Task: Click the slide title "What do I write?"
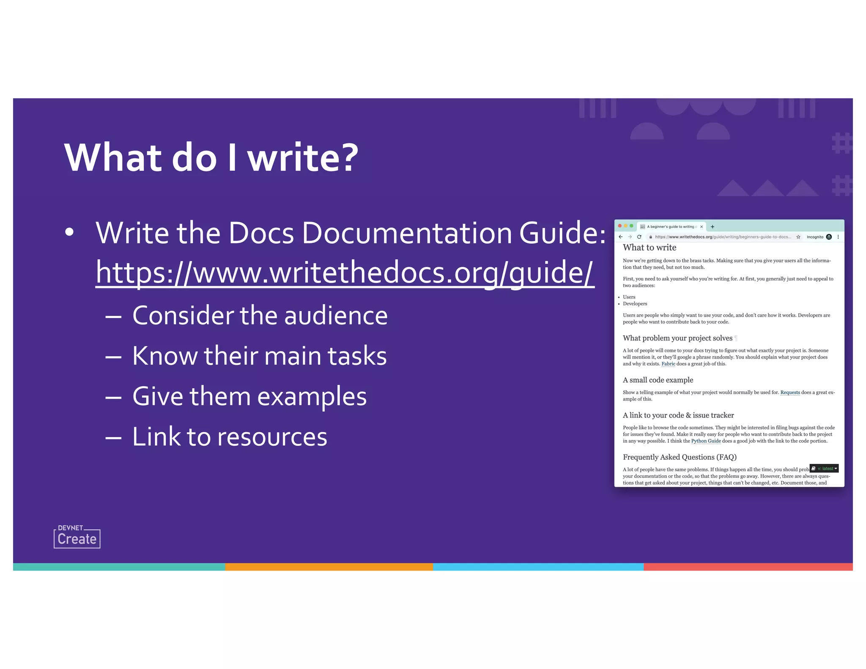coord(211,158)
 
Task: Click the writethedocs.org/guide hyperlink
coord(345,273)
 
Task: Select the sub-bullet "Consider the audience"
coord(260,316)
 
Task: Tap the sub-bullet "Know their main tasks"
coord(259,356)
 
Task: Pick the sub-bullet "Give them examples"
coord(249,397)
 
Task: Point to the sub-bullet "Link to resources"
coord(230,437)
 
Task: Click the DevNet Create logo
coord(77,537)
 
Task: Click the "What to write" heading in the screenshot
coord(649,248)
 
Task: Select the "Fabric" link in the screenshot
coord(668,364)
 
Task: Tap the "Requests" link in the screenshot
coord(790,392)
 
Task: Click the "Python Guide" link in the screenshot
coord(706,441)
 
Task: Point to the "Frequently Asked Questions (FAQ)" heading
coord(680,457)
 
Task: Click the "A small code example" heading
coord(658,380)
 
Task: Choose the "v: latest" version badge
coord(824,469)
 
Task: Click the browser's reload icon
coord(639,237)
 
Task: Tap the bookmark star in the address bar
coord(798,237)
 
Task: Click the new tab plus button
coord(713,227)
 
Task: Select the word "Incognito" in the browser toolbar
coord(815,237)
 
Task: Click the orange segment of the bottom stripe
coord(329,567)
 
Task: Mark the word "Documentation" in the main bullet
coord(406,233)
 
